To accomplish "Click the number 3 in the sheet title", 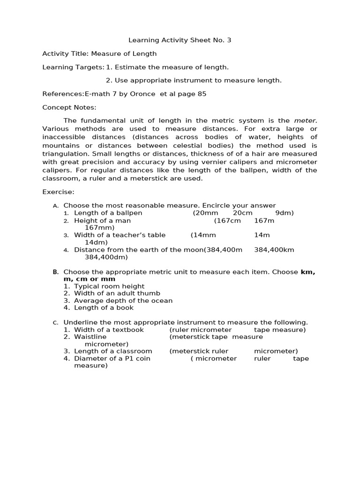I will tap(229, 40).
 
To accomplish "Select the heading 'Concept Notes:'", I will tap(69, 107).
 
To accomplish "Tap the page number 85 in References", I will tap(202, 94).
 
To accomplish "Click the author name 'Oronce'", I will tap(143, 94).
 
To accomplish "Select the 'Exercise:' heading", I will tap(58, 192).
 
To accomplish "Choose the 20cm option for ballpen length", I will tap(242, 213).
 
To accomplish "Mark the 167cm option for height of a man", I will tap(228, 220).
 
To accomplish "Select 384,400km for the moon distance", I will tap(274, 249).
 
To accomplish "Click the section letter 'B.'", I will tap(55, 272).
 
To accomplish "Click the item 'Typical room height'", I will tap(109, 286).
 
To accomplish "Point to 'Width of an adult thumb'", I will tap(117, 293).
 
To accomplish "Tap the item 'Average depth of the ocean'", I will tap(123, 300).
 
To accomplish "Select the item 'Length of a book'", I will tap(104, 307).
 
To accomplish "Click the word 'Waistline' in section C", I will tap(90, 337).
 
